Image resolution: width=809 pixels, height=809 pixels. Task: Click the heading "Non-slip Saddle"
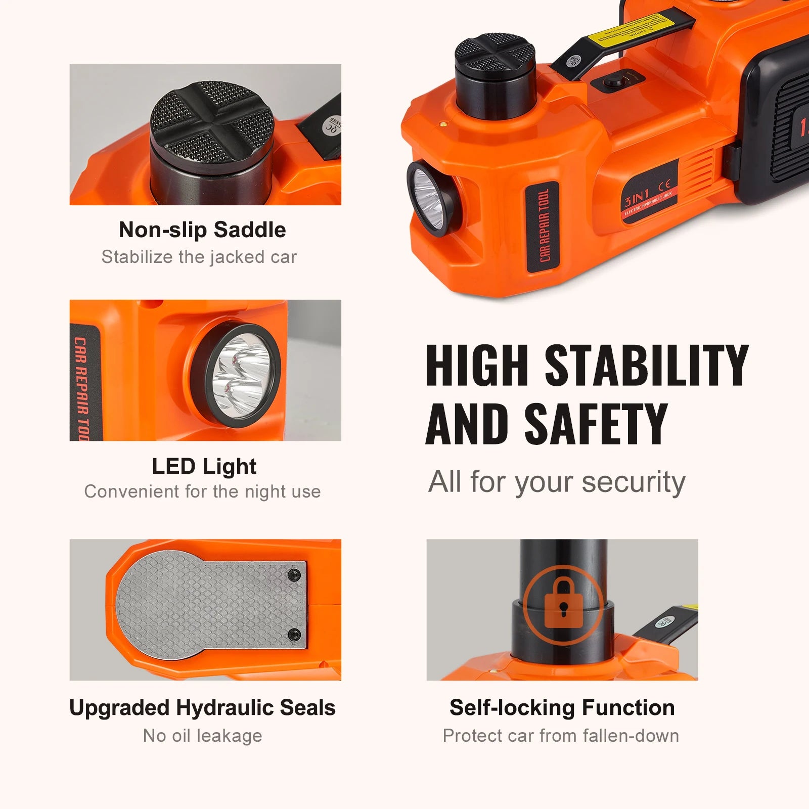[x=202, y=230]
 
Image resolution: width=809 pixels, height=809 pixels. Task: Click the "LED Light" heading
[x=204, y=466]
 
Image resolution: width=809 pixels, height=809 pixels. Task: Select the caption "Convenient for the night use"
[x=202, y=491]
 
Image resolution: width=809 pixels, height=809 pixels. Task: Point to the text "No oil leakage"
[x=202, y=736]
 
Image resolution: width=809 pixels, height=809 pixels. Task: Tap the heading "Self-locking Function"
[x=562, y=708]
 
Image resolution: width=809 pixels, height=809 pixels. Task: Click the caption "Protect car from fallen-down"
[x=561, y=736]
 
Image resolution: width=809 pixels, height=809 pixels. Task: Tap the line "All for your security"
[x=557, y=481]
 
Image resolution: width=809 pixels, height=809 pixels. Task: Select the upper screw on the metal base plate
[x=294, y=575]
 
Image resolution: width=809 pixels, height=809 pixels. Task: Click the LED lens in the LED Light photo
[x=235, y=375]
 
